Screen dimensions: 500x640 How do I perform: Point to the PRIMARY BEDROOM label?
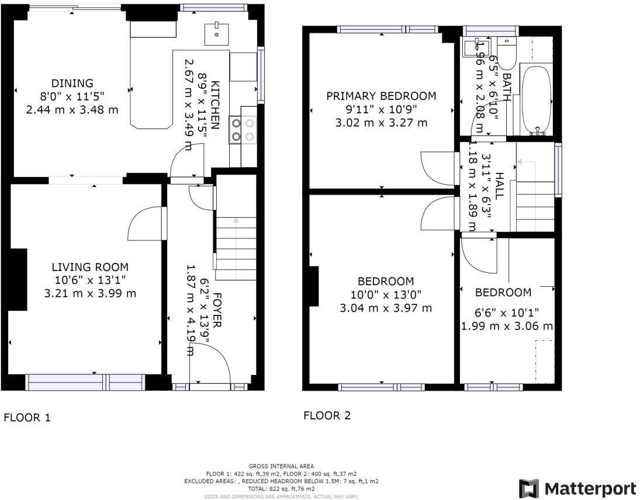point(381,96)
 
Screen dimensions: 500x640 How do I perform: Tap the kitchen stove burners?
point(243,130)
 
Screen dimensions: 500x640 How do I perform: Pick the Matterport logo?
point(577,488)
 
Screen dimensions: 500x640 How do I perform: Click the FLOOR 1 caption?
point(27,418)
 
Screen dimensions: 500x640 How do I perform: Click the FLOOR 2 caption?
point(327,416)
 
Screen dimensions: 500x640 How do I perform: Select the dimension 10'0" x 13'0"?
point(385,295)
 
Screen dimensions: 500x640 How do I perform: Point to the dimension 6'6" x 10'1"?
point(507,313)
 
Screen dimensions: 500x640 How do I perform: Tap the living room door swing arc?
point(143,223)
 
